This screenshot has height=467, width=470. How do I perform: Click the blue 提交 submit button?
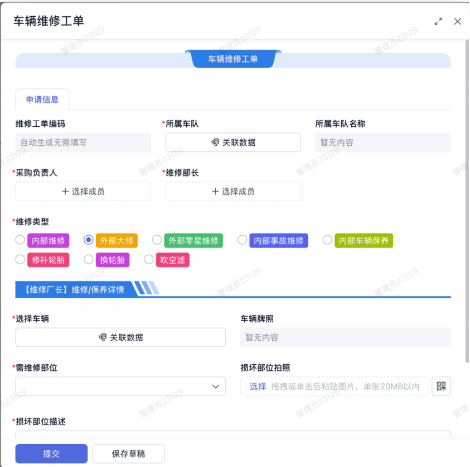click(x=51, y=454)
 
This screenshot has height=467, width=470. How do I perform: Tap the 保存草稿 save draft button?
click(x=129, y=454)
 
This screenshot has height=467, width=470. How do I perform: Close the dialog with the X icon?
click(x=457, y=21)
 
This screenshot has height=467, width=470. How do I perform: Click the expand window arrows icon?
click(x=438, y=21)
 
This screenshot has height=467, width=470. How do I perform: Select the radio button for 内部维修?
click(x=20, y=240)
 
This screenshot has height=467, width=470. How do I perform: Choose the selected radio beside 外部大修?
click(x=89, y=240)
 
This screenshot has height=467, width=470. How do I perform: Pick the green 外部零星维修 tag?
click(x=193, y=241)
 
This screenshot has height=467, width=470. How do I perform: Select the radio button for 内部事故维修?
click(x=242, y=240)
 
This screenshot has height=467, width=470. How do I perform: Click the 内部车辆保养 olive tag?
click(x=364, y=241)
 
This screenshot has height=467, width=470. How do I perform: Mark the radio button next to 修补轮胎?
click(x=20, y=259)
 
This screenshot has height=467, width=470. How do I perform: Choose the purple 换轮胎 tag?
click(x=113, y=260)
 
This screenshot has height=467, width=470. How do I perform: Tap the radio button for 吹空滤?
click(x=149, y=259)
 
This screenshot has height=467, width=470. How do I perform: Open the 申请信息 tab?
click(x=42, y=99)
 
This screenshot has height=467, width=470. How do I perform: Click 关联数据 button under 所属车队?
click(x=233, y=142)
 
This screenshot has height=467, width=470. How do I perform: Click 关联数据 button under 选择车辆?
click(x=120, y=337)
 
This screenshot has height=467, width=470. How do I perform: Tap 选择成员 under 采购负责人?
click(x=83, y=191)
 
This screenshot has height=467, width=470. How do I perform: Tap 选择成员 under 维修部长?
click(x=233, y=191)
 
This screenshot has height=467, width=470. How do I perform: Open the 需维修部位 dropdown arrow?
click(x=216, y=387)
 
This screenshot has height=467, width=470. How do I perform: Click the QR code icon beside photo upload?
click(x=441, y=386)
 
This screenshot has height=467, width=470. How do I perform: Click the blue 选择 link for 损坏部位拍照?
click(x=258, y=387)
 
